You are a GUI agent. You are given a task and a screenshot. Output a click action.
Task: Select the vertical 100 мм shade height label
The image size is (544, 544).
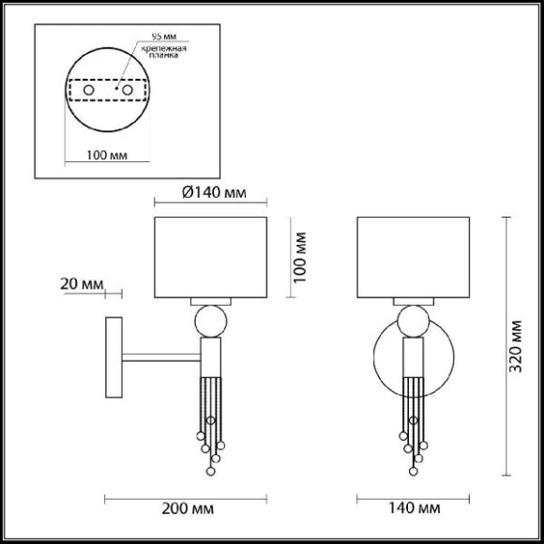(300, 258)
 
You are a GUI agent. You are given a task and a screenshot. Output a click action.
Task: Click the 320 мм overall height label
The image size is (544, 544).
(517, 345)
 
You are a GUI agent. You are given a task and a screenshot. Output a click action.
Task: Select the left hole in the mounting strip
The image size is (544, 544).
(89, 90)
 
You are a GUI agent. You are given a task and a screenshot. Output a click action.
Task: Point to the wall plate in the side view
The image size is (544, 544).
(112, 357)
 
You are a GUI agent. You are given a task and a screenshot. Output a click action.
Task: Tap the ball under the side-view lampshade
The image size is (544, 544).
(210, 323)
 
